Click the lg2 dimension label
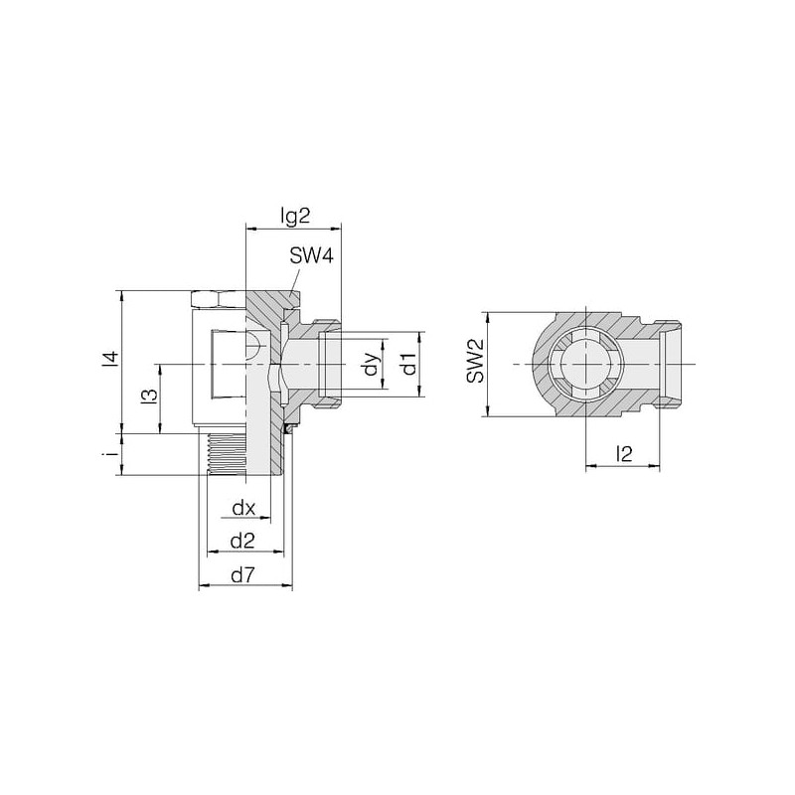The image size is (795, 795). point(294,217)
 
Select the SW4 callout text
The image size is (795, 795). point(311,256)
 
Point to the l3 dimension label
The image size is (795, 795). point(149,397)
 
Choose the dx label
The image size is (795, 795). point(243,508)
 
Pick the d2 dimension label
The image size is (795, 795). point(242,542)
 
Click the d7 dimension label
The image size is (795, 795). point(242,575)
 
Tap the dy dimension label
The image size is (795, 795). point(372,364)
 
